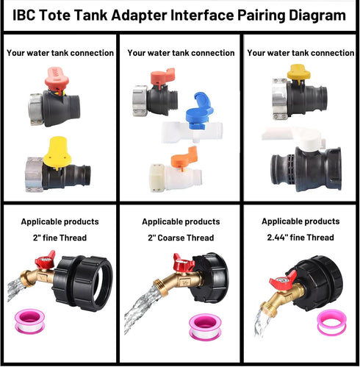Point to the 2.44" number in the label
278,237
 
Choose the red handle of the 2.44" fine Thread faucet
280,280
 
